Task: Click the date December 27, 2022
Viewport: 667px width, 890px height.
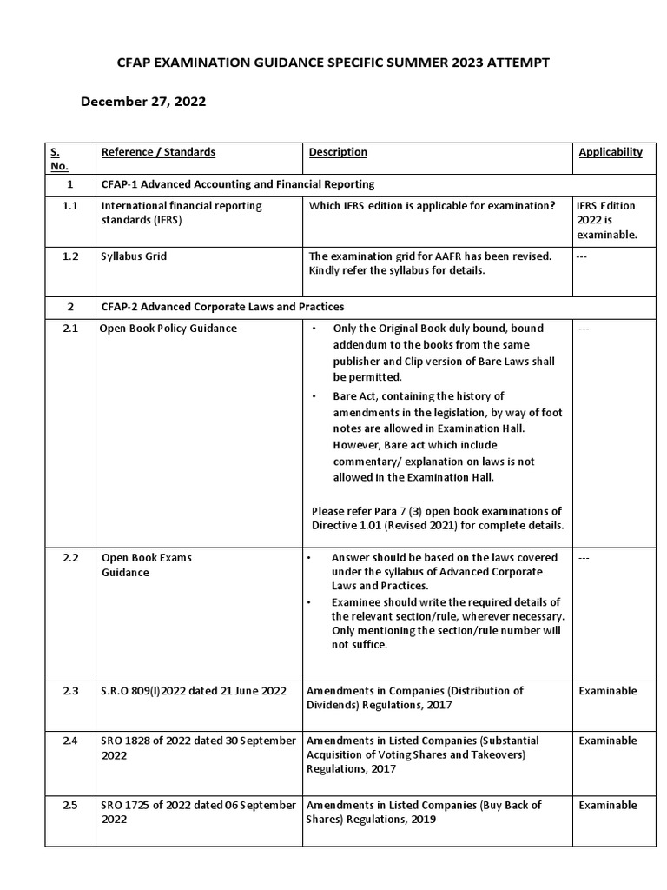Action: [143, 102]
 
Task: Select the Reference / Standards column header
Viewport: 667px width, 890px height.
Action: [158, 152]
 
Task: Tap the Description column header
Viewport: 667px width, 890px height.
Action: [338, 152]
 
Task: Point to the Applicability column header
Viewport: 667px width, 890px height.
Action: [611, 152]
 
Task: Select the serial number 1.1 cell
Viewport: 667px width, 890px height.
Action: [70, 206]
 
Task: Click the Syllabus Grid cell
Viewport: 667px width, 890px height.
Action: [135, 257]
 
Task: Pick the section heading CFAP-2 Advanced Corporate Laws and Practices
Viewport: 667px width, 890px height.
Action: [222, 307]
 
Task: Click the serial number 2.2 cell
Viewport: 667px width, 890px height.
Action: [70, 558]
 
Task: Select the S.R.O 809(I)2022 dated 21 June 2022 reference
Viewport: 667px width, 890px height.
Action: [194, 691]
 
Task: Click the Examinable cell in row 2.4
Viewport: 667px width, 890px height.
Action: [608, 741]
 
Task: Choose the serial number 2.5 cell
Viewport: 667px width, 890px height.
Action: [70, 806]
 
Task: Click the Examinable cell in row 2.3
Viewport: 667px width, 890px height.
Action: [608, 691]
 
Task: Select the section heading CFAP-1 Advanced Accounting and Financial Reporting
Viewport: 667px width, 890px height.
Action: [238, 184]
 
